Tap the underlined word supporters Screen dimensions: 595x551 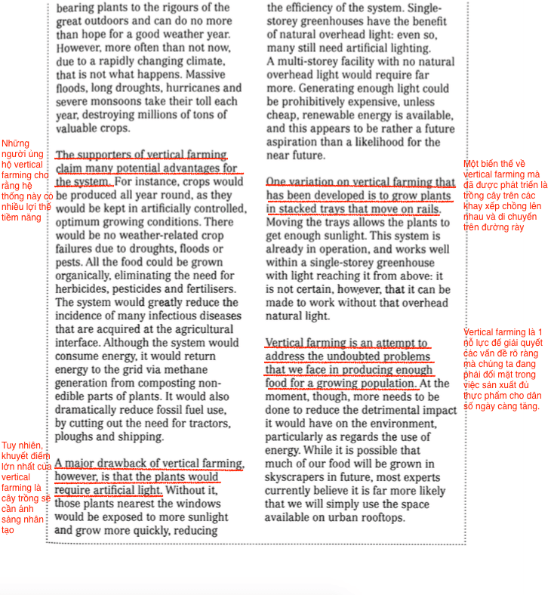(x=114, y=155)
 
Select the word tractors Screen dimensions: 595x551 (x=205, y=423)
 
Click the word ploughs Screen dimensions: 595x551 (x=77, y=436)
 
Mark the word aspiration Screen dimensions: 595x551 (x=294, y=142)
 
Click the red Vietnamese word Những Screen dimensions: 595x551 (x=15, y=143)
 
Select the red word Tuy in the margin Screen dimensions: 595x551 (x=9, y=445)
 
